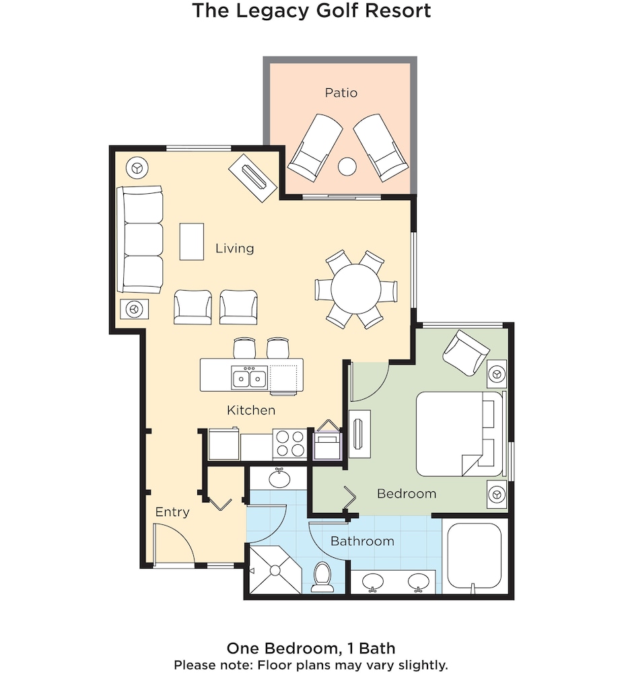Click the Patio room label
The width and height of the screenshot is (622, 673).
pyautogui.click(x=341, y=92)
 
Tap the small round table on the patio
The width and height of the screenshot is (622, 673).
pyautogui.click(x=347, y=166)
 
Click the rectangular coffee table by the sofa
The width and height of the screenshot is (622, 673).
pyautogui.click(x=191, y=242)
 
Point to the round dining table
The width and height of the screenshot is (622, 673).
pyautogui.click(x=356, y=289)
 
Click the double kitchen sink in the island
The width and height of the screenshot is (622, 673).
pyautogui.click(x=249, y=378)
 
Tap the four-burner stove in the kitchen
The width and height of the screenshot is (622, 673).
pyautogui.click(x=289, y=444)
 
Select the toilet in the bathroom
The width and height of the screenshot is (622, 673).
pyautogui.click(x=323, y=577)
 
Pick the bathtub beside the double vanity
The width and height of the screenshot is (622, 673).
pyautogui.click(x=475, y=557)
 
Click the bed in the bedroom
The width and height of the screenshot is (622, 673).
pyautogui.click(x=459, y=433)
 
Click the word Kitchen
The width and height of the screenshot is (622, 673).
pyautogui.click(x=251, y=410)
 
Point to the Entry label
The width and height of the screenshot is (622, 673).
pyautogui.click(x=172, y=511)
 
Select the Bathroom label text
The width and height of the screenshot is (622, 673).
pyautogui.click(x=362, y=541)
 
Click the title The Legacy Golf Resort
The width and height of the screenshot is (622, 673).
pyautogui.click(x=312, y=11)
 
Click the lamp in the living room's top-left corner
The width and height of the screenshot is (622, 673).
pyautogui.click(x=137, y=168)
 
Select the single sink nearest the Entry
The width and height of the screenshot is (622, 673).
pyautogui.click(x=279, y=478)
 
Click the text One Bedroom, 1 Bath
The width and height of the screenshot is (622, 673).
pyautogui.click(x=311, y=648)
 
